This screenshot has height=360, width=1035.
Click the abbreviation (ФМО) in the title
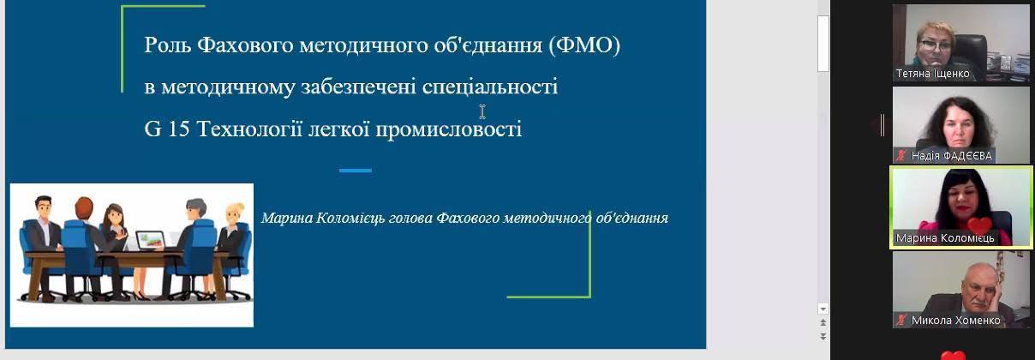pyautogui.click(x=584, y=45)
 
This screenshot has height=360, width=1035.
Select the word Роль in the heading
pyautogui.click(x=167, y=45)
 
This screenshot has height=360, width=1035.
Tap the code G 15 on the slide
pyautogui.click(x=167, y=129)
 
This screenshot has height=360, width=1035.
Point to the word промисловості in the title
pyautogui.click(x=449, y=129)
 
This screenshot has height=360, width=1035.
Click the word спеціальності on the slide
pyautogui.click(x=490, y=87)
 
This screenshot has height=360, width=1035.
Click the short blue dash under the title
pyautogui.click(x=356, y=171)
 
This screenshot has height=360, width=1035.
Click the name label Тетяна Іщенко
pyautogui.click(x=932, y=74)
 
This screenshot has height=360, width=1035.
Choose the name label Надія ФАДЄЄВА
pyautogui.click(x=951, y=156)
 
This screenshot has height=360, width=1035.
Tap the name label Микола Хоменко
pyautogui.click(x=955, y=320)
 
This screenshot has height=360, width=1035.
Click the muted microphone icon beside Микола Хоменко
pyautogui.click(x=901, y=320)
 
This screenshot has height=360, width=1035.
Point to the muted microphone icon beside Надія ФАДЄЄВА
pyautogui.click(x=901, y=156)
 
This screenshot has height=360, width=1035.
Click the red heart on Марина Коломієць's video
pyautogui.click(x=979, y=225)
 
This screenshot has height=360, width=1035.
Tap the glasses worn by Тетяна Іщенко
pyautogui.click(x=936, y=45)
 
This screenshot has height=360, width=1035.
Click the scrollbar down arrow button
pyautogui.click(x=823, y=309)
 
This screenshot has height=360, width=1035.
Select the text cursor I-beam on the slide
pyautogui.click(x=482, y=111)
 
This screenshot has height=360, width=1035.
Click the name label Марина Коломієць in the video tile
pyautogui.click(x=944, y=238)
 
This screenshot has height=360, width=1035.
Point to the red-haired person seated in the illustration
pyautogui.click(x=83, y=245)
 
